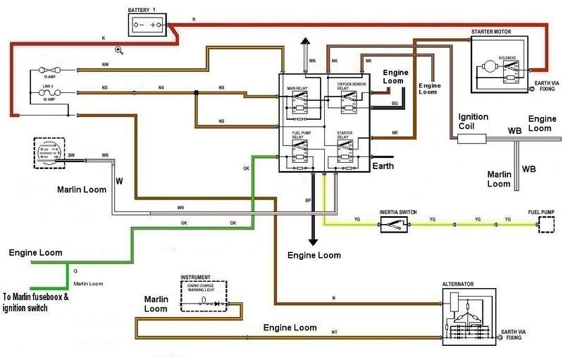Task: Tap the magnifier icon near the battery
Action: pyautogui.click(x=119, y=49)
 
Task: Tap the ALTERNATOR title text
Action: pyautogui.click(x=457, y=284)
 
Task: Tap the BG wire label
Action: pyautogui.click(x=395, y=104)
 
